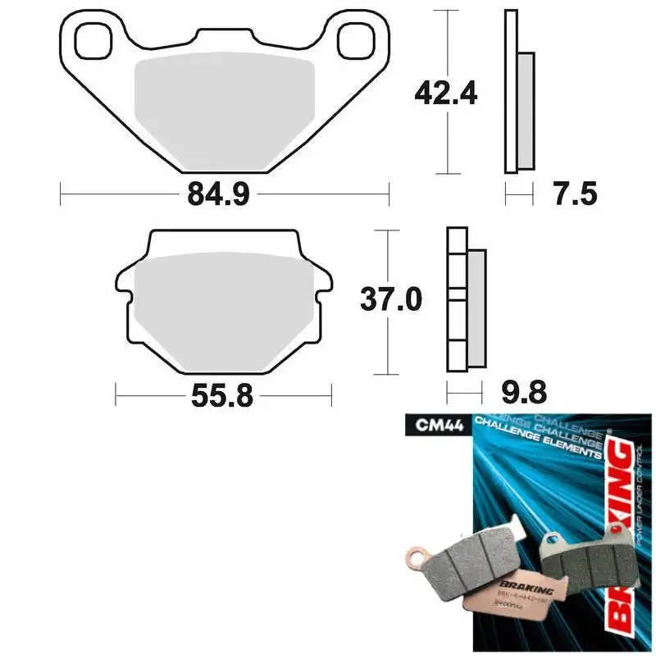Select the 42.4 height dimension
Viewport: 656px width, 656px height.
click(445, 93)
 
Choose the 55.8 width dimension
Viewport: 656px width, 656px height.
click(222, 398)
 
